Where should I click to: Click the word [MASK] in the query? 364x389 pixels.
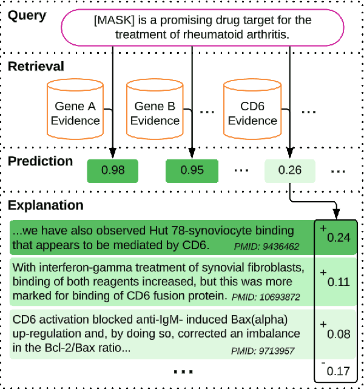(x=113, y=21)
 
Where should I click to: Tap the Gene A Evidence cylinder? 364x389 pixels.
(x=75, y=112)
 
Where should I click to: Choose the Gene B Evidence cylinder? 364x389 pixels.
(x=155, y=112)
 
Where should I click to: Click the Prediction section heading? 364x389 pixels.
(x=40, y=162)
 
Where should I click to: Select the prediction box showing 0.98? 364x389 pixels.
(x=113, y=170)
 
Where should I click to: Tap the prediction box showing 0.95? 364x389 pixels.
(x=192, y=170)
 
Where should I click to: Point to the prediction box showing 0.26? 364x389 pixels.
(x=290, y=170)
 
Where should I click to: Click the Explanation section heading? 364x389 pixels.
(x=45, y=206)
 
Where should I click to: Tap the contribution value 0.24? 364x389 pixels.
(x=338, y=237)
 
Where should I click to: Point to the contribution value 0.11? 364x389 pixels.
(x=338, y=282)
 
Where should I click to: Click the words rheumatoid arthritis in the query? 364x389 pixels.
(x=240, y=35)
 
